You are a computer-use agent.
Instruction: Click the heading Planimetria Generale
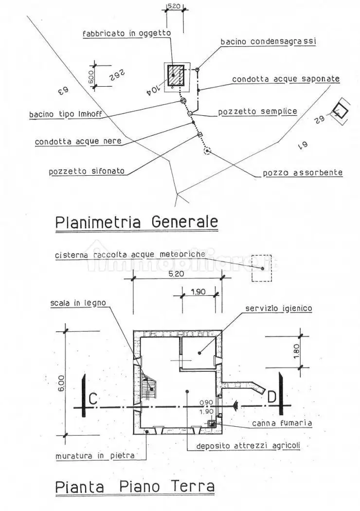coord(136,222)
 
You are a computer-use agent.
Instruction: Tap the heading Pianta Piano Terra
coord(134,486)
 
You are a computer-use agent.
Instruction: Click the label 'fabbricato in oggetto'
coord(126,33)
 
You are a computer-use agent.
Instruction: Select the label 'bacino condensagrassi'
coord(268,42)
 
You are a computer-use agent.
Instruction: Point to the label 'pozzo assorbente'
coord(303,173)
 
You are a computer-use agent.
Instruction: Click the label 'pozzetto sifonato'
coord(87,171)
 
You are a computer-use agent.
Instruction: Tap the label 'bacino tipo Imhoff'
coord(67,115)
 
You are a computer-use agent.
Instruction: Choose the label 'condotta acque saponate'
coord(286,79)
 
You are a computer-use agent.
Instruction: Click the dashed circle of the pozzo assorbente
coord(208,151)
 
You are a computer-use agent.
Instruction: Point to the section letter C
coord(93,399)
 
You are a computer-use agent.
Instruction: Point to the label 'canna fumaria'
coord(282,423)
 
